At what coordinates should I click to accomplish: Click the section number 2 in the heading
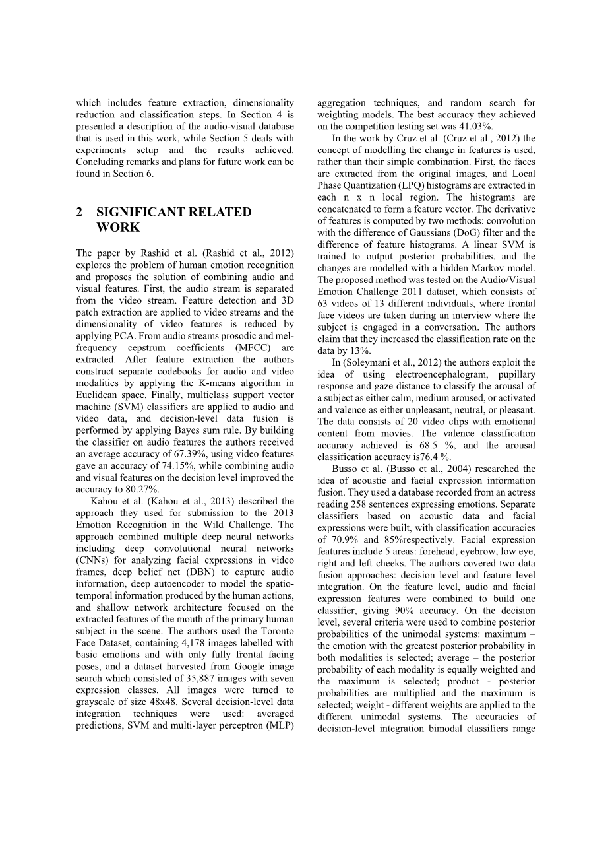[x=80, y=212]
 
